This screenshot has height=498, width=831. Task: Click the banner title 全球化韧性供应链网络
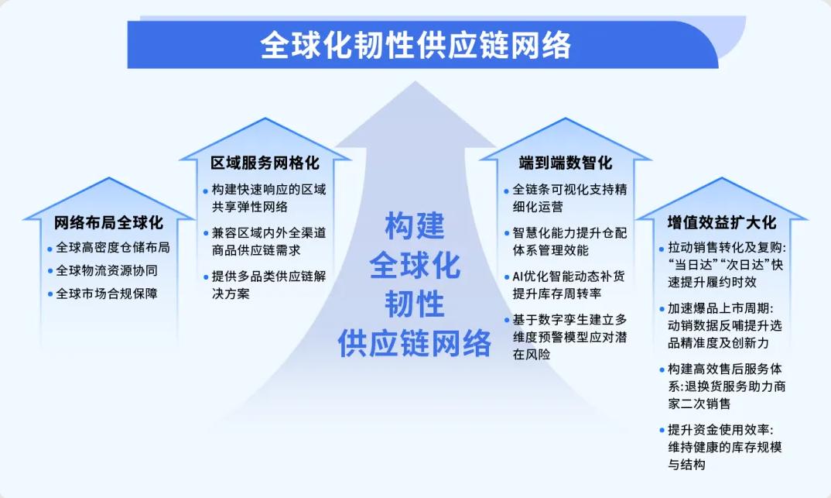point(415,45)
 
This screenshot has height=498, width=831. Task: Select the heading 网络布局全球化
point(108,223)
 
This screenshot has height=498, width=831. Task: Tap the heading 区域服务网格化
point(265,163)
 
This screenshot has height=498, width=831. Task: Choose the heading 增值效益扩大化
point(721,222)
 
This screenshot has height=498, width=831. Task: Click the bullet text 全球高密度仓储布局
point(113,248)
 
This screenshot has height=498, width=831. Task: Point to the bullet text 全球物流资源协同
point(108,271)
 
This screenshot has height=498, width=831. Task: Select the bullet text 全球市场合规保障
point(108,294)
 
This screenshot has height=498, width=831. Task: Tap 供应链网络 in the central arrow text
point(415,342)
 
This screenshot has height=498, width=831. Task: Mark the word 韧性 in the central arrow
point(415,304)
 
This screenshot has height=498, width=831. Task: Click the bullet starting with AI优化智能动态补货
point(568,284)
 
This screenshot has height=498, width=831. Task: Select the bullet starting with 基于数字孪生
point(568,337)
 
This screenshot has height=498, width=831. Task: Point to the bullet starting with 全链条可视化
point(569,197)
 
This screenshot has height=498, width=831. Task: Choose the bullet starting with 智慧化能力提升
point(569,241)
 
